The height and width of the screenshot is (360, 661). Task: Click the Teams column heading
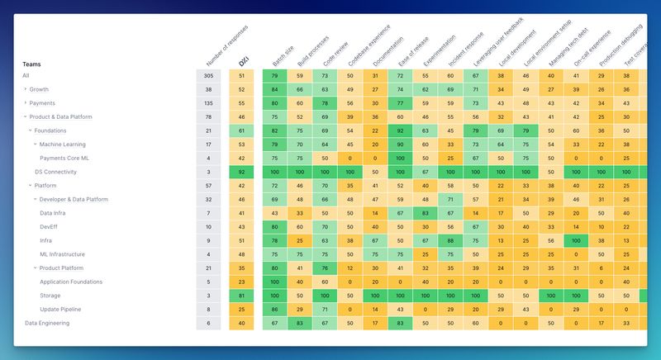tap(31, 64)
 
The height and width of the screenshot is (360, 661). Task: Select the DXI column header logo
tap(242, 62)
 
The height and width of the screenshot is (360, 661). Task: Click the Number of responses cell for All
tap(208, 76)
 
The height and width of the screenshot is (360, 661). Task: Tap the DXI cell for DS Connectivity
tap(242, 172)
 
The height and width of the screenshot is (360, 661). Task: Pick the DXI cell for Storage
tap(242, 296)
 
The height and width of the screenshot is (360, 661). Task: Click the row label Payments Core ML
tap(64, 158)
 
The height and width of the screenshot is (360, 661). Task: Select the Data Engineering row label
tap(47, 323)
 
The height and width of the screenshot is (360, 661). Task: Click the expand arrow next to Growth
tap(25, 89)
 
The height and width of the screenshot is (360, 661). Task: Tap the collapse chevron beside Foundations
tap(30, 130)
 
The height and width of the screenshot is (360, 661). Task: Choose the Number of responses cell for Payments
tap(208, 103)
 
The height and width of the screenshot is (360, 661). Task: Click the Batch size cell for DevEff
tap(275, 227)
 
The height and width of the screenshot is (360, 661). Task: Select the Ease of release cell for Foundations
tap(401, 130)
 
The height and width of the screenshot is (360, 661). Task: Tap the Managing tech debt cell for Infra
tap(551, 240)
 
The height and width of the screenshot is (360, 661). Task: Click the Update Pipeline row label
tap(61, 310)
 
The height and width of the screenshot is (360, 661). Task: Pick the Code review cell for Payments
tap(326, 103)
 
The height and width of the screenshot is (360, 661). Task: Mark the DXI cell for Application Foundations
tap(242, 282)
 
